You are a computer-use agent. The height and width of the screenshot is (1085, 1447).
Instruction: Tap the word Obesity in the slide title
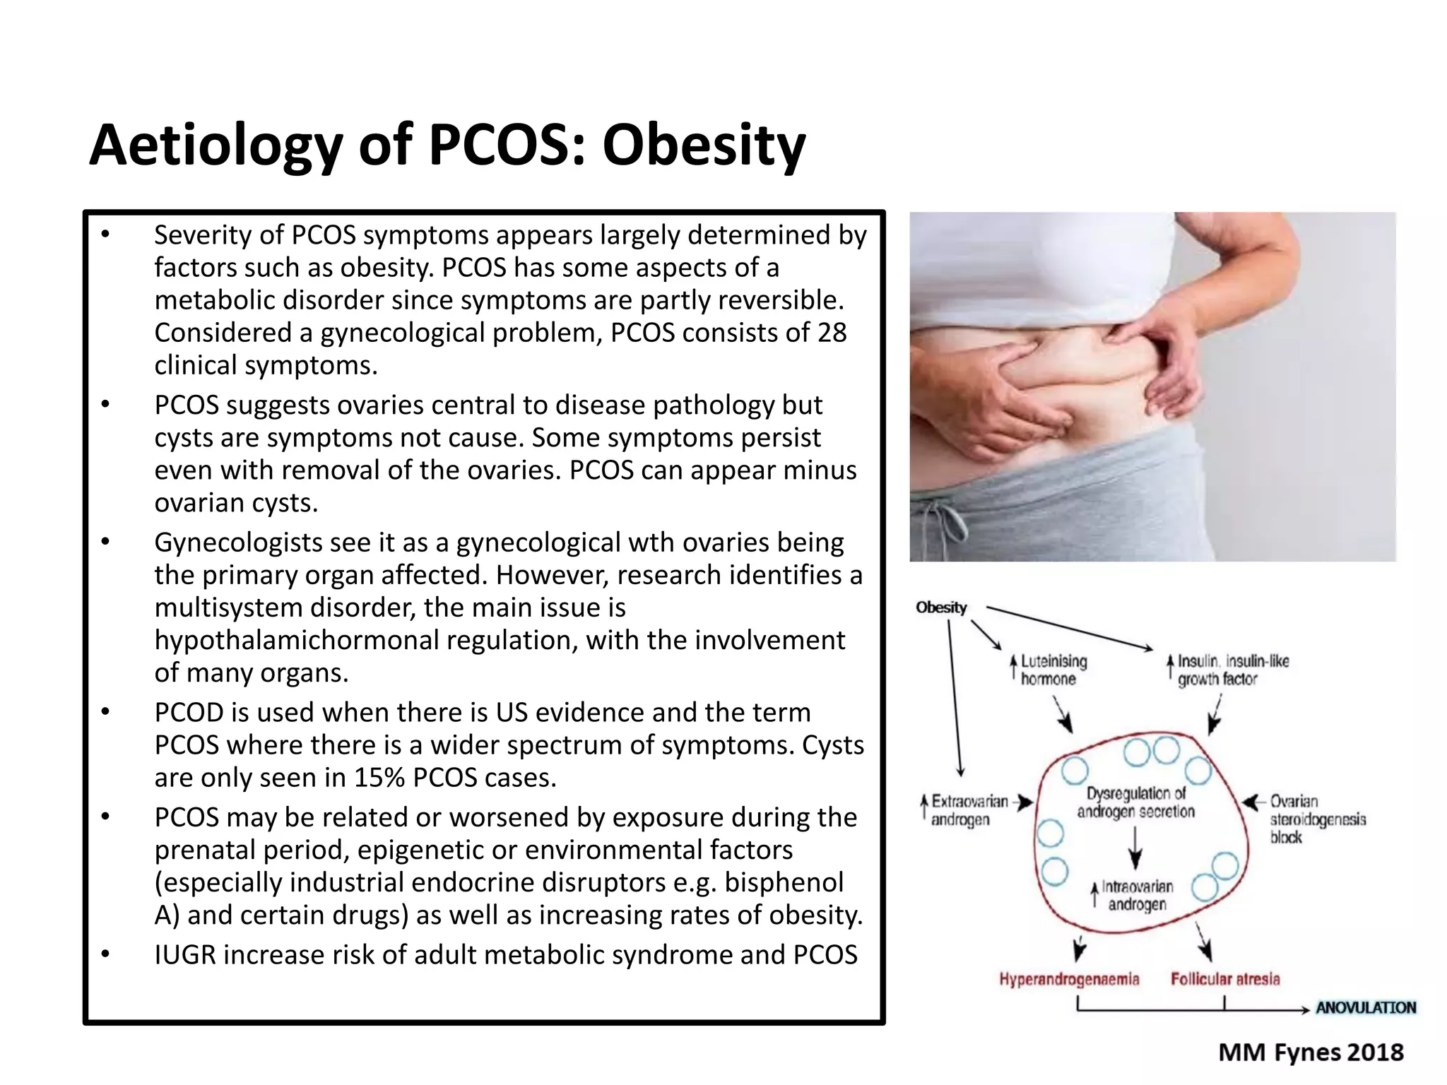point(703,146)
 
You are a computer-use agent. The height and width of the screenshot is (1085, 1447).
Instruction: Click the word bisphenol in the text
point(784,882)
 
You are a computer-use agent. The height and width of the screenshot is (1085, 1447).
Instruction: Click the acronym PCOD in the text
point(189,713)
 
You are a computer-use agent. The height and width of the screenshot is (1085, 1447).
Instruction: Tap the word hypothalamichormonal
point(297,640)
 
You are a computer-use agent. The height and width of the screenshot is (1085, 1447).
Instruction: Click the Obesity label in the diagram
point(941,607)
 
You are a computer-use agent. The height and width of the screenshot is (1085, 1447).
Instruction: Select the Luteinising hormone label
point(1053,670)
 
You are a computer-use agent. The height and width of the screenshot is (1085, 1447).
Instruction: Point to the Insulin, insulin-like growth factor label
point(1232,670)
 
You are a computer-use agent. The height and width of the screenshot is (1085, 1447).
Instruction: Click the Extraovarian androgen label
point(969,810)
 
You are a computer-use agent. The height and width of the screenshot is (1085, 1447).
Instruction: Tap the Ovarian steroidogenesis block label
point(1317,819)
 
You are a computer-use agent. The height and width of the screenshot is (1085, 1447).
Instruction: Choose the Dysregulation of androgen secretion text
point(1135,802)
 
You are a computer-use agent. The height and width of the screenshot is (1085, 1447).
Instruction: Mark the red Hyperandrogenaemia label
point(1069,979)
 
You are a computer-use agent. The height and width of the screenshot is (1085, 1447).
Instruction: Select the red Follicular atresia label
point(1225,979)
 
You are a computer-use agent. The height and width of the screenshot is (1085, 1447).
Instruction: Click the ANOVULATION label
point(1365,1007)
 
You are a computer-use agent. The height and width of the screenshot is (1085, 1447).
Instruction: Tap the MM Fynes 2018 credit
point(1311,1053)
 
